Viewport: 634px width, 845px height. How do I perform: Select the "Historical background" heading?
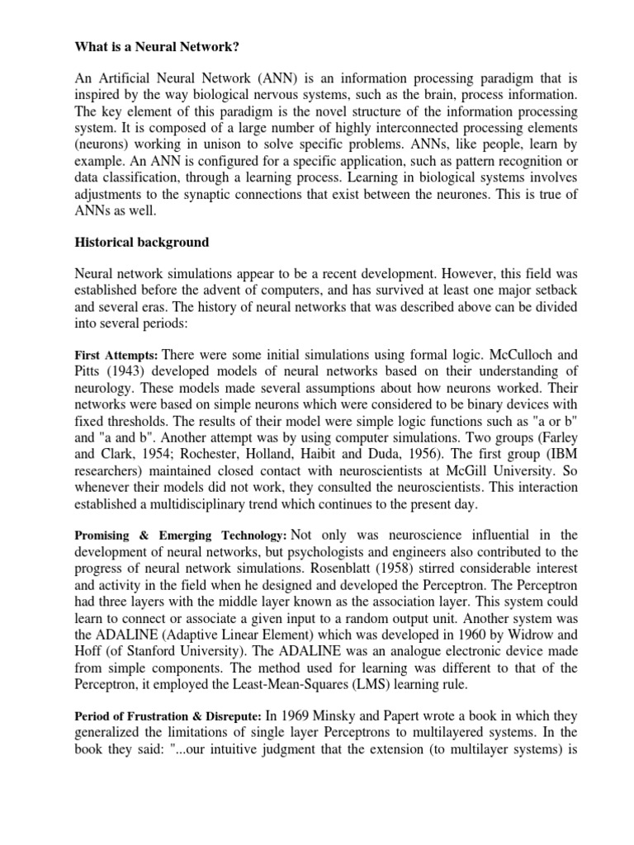(141, 243)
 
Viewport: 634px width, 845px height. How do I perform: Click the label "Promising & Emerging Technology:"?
(181, 536)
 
